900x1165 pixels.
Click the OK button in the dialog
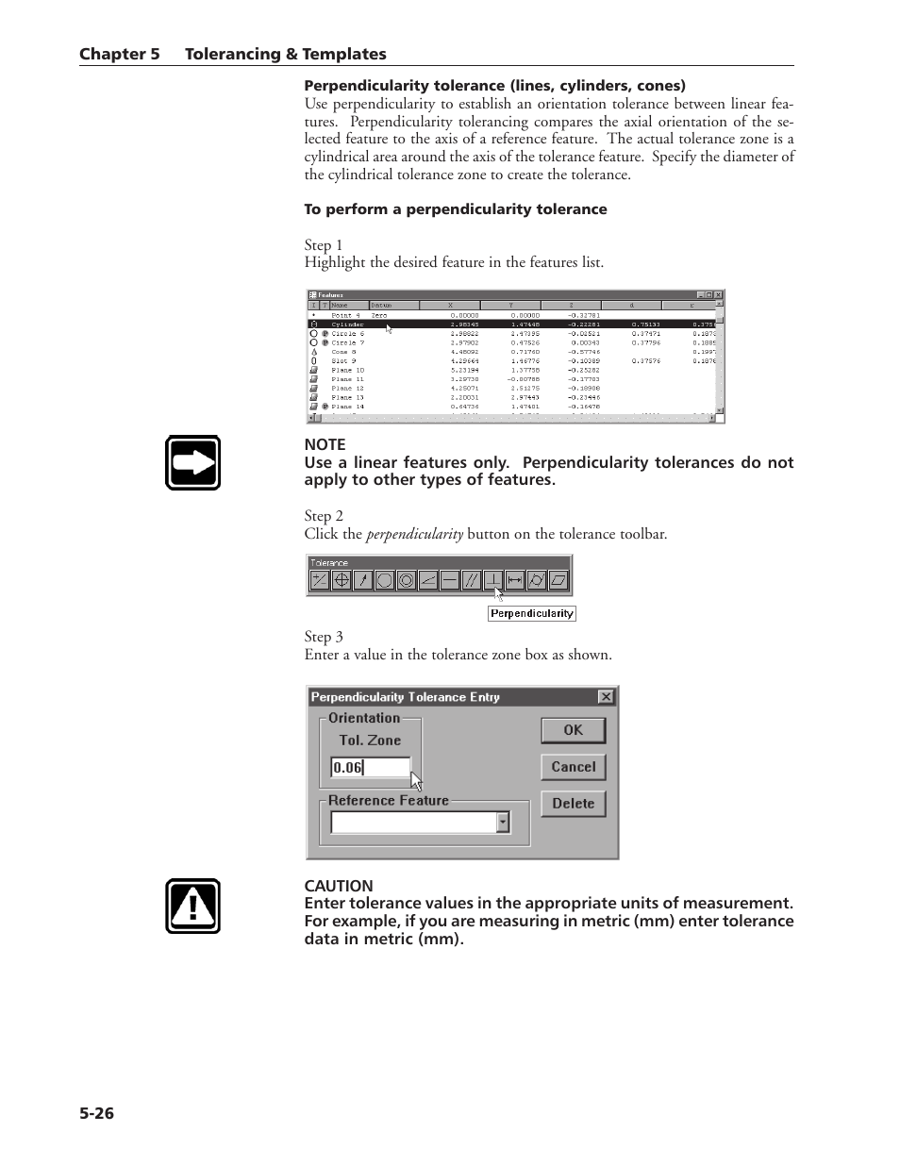tap(573, 730)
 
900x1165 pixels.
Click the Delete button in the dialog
tap(573, 804)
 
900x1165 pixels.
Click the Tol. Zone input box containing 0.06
tap(370, 767)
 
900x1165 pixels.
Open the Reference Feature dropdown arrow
tap(503, 823)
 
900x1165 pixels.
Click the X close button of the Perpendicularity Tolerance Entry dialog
tap(606, 697)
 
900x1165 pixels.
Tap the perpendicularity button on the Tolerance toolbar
tap(493, 580)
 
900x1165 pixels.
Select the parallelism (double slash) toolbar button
tap(472, 580)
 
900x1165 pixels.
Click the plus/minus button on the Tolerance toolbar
tap(320, 580)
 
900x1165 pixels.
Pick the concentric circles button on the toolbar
tap(406, 580)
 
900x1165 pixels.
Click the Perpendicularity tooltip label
tap(531, 613)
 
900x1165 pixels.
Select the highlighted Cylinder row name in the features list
tap(347, 325)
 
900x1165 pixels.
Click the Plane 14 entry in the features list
tap(347, 407)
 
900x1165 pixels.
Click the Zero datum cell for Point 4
tap(378, 315)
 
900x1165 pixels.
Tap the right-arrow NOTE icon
tap(193, 462)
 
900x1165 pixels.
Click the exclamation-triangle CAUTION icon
tap(193, 907)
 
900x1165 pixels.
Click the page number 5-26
tap(96, 1113)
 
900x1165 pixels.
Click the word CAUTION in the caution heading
tap(339, 886)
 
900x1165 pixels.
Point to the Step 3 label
tap(324, 637)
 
